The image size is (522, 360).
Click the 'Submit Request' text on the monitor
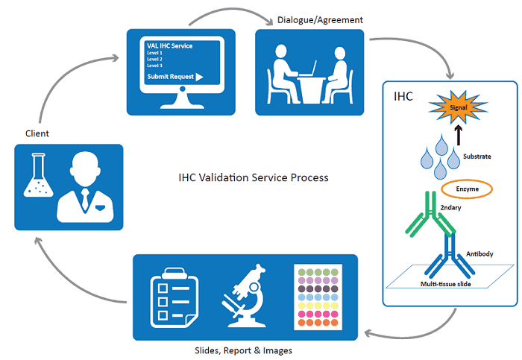click(x=170, y=77)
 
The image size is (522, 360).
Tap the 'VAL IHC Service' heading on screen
click(x=169, y=46)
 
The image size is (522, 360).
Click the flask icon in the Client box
click(x=37, y=179)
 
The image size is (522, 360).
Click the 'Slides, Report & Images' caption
click(x=243, y=350)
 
